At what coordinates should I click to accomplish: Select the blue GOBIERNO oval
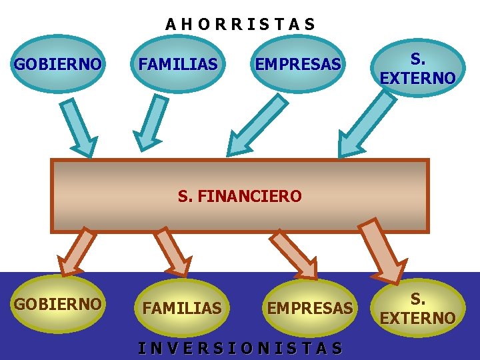tap(58, 65)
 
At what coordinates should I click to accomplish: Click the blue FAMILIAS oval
tap(177, 65)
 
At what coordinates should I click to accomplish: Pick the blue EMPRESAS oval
tap(297, 65)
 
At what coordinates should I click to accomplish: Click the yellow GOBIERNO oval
tap(58, 305)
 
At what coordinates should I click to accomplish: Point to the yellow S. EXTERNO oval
tap(417, 309)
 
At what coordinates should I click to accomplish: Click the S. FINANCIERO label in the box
tap(240, 197)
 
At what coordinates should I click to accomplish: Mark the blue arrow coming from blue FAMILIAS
tap(152, 119)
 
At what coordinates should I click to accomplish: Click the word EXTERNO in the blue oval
tap(417, 79)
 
